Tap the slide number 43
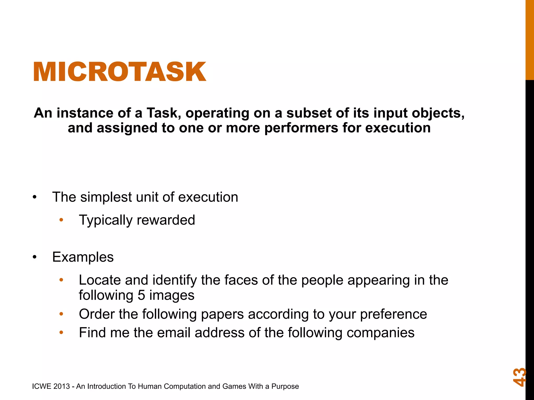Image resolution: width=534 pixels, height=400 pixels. [519, 377]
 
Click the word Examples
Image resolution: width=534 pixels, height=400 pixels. [83, 257]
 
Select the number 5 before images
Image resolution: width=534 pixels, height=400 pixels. [141, 295]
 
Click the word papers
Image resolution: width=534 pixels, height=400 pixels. [219, 314]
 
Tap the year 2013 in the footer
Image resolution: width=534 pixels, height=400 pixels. [62, 386]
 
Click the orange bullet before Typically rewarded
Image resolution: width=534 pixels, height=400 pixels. [61, 220]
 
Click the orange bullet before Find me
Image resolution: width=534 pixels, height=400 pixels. [61, 333]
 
